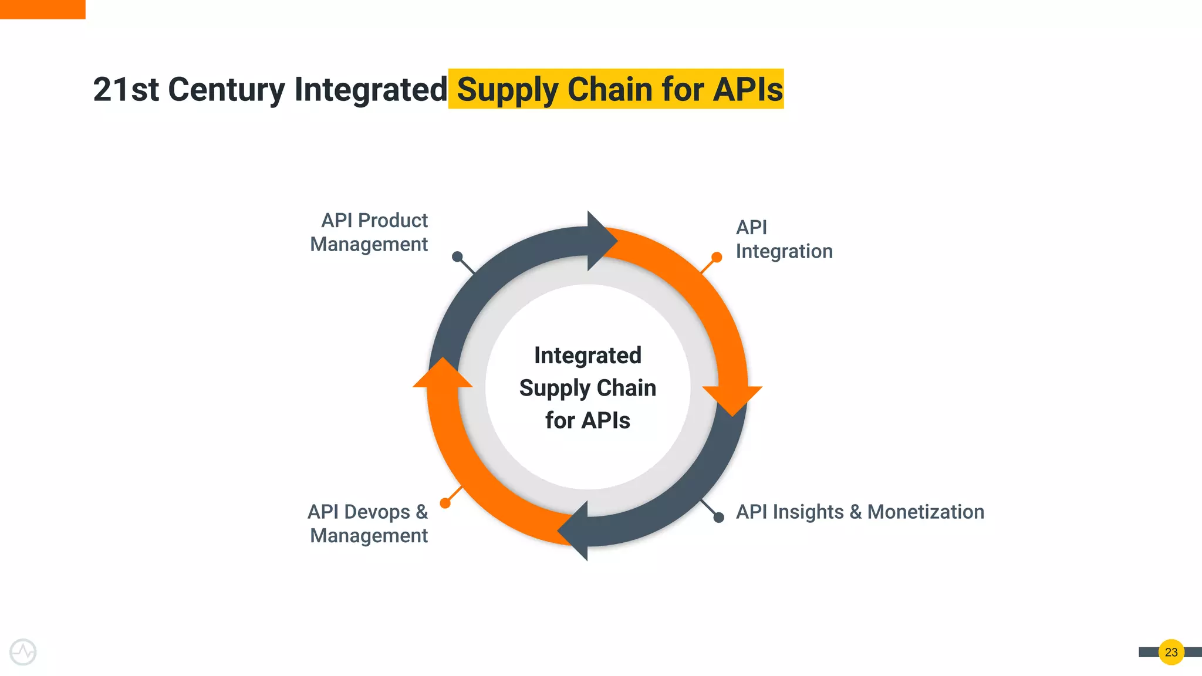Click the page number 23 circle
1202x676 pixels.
pyautogui.click(x=1171, y=652)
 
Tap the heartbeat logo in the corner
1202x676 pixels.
pyautogui.click(x=23, y=652)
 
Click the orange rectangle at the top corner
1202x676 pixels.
pyautogui.click(x=42, y=9)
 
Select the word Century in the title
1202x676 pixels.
pyautogui.click(x=227, y=90)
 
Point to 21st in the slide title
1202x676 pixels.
pyautogui.click(x=126, y=90)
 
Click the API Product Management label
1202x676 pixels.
pyautogui.click(x=370, y=232)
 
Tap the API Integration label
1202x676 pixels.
pyautogui.click(x=783, y=239)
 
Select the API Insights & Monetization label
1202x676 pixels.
pyautogui.click(x=860, y=512)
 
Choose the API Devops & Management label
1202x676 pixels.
pyautogui.click(x=369, y=523)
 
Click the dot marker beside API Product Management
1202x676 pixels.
pyautogui.click(x=457, y=256)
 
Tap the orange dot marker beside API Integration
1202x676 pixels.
pyautogui.click(x=717, y=257)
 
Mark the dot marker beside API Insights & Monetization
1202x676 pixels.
pyautogui.click(x=718, y=517)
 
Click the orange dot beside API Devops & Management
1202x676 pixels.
pyautogui.click(x=445, y=503)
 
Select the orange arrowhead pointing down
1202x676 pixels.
pyautogui.click(x=732, y=399)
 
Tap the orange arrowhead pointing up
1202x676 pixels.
pyautogui.click(x=443, y=374)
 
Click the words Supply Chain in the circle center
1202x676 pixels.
pyautogui.click(x=588, y=388)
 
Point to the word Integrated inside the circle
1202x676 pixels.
pyautogui.click(x=588, y=356)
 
